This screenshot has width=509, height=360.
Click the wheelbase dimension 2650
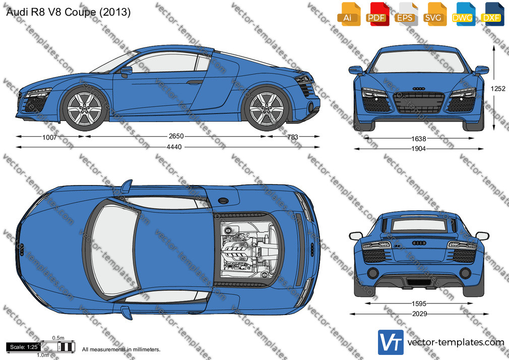(x=176, y=136)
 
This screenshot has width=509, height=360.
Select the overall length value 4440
(x=174, y=147)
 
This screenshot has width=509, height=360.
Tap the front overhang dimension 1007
(x=49, y=137)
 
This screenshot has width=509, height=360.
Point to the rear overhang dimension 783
(x=292, y=137)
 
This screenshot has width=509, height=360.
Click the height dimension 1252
(x=498, y=88)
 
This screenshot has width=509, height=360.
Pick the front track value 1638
(x=419, y=139)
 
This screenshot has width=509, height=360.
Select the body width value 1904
(x=418, y=149)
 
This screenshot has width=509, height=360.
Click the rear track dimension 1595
(x=419, y=304)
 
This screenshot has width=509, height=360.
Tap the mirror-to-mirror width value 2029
(x=419, y=314)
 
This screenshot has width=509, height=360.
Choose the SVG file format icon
(x=434, y=14)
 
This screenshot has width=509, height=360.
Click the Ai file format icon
(x=349, y=14)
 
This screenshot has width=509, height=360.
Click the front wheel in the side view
(x=85, y=108)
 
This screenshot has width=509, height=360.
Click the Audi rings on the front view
(x=419, y=89)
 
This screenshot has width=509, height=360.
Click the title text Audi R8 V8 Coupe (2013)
(x=69, y=12)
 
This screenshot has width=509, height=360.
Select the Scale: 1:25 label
(x=24, y=347)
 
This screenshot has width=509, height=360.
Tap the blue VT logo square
(x=391, y=342)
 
